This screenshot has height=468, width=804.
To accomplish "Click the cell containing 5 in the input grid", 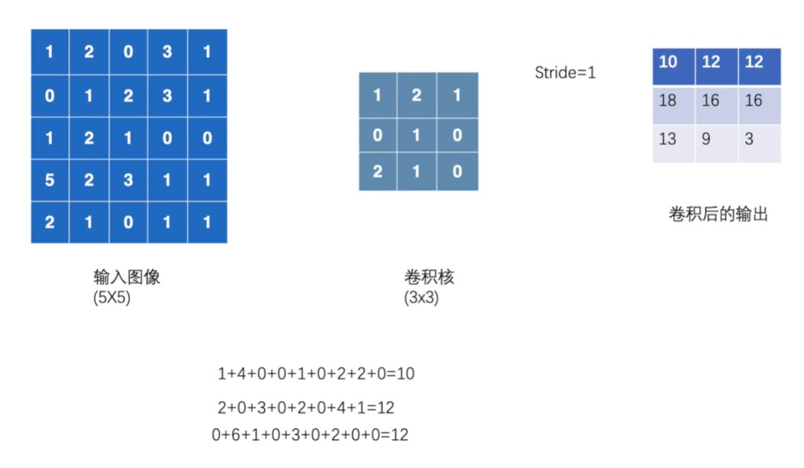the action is pyautogui.click(x=50, y=180).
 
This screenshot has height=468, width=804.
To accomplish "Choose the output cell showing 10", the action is pyautogui.click(x=668, y=62).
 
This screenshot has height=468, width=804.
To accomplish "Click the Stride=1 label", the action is pyautogui.click(x=565, y=73).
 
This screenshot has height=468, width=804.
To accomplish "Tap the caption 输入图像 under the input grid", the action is pyautogui.click(x=127, y=276).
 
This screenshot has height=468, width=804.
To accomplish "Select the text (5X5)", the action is pyautogui.click(x=111, y=298).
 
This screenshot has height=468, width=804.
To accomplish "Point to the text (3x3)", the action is pyautogui.click(x=421, y=298).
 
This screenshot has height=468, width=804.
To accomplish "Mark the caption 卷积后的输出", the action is pyautogui.click(x=718, y=215).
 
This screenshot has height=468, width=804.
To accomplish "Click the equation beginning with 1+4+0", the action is pyautogui.click(x=316, y=374).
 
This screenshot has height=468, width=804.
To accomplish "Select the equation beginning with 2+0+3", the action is pyautogui.click(x=305, y=408).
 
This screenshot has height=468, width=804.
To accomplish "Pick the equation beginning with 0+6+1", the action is pyautogui.click(x=310, y=435).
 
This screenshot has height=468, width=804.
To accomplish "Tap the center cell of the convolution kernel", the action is pyautogui.click(x=417, y=134).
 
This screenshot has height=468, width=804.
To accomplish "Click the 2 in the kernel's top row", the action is pyautogui.click(x=417, y=95).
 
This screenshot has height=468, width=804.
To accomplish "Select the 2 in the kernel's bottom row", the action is pyautogui.click(x=378, y=172).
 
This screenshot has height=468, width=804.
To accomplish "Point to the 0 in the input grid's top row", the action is pyautogui.click(x=128, y=52).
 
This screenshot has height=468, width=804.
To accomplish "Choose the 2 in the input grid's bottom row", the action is pyautogui.click(x=50, y=223).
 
